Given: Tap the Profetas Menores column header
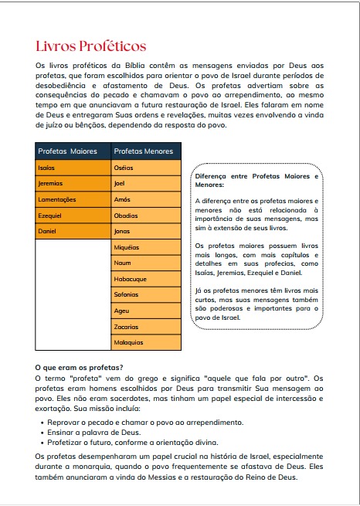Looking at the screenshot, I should (146, 151).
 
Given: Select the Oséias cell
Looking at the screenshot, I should (146, 168).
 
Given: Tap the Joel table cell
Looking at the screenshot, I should (146, 184).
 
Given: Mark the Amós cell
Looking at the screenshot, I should (146, 199).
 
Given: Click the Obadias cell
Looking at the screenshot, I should (146, 216).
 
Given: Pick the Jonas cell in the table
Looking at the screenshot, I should (146, 231).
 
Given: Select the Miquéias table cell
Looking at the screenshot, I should (146, 247).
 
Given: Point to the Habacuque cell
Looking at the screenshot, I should (146, 279).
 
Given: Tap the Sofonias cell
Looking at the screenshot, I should (146, 294).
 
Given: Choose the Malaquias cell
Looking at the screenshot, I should (146, 342).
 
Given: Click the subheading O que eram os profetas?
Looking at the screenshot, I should (80, 366).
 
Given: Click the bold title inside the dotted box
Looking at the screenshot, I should (256, 181).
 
